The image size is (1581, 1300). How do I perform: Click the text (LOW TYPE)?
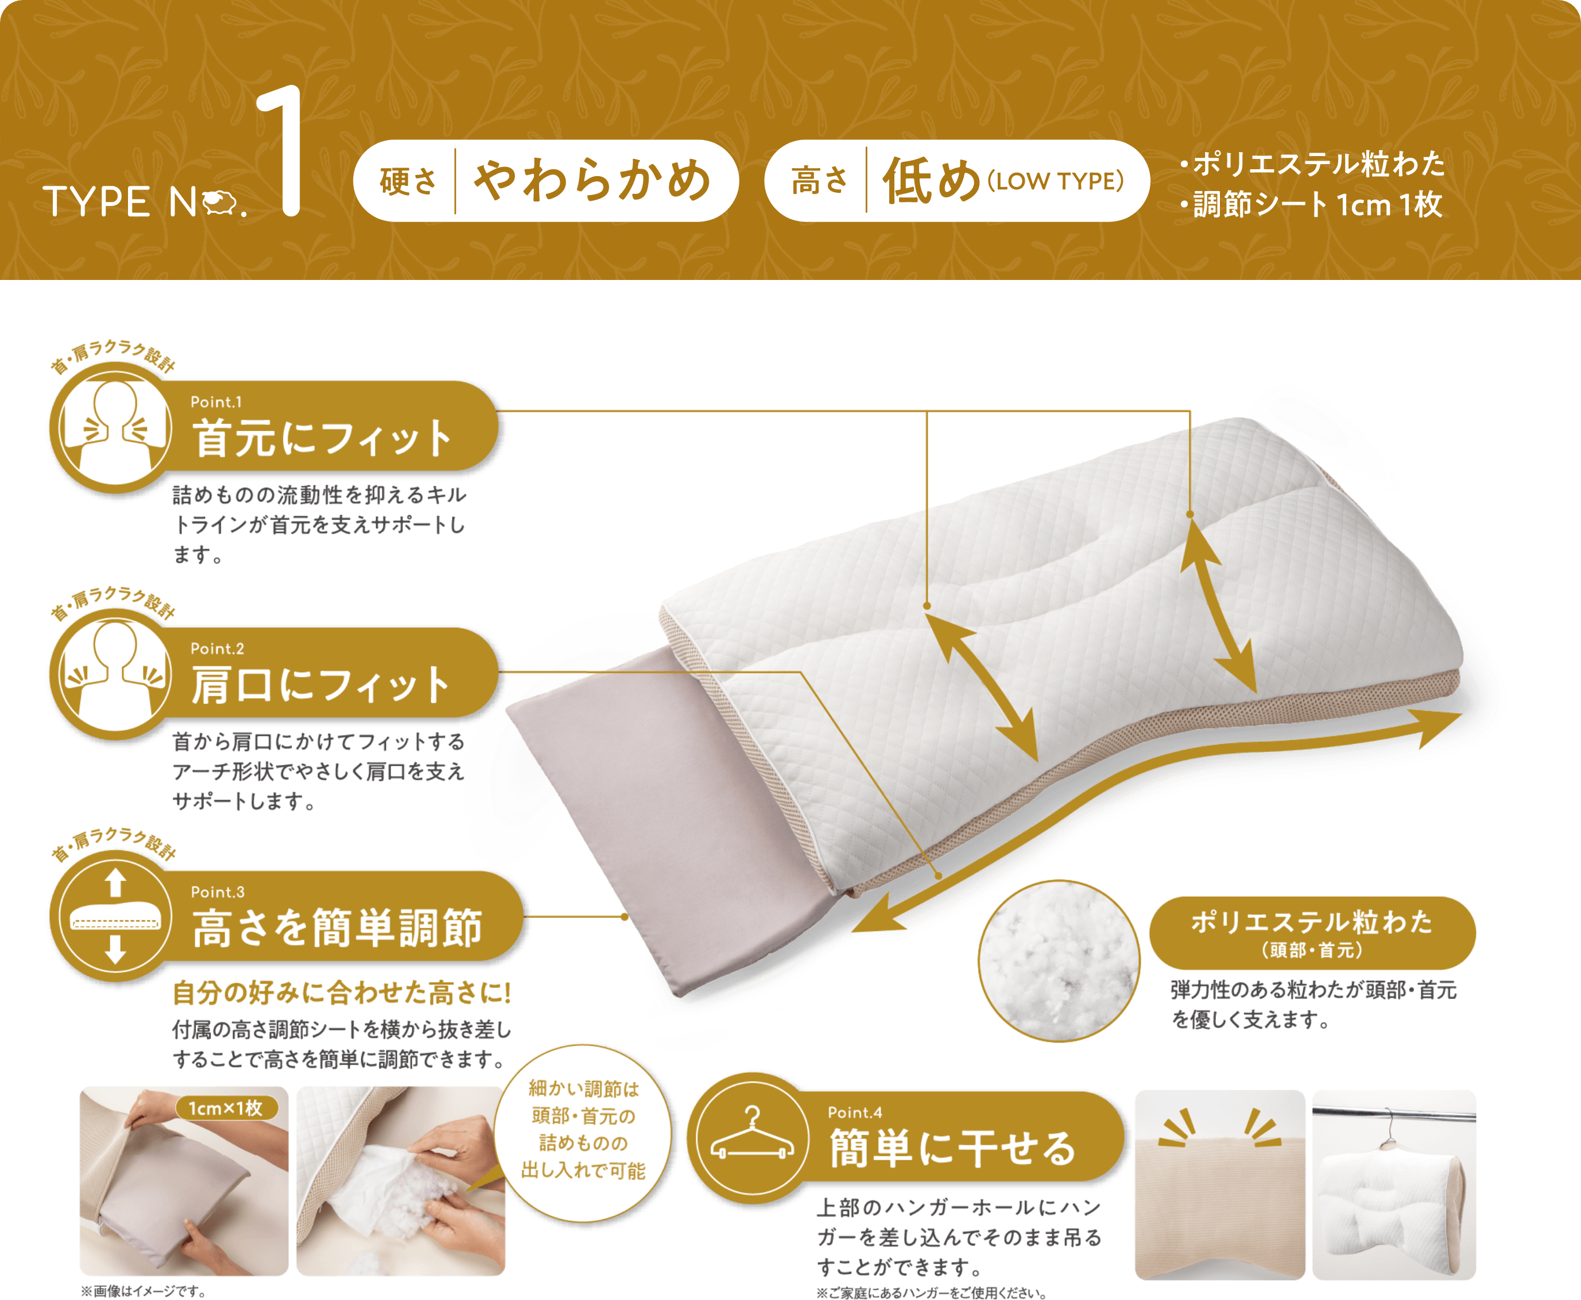[1056, 181]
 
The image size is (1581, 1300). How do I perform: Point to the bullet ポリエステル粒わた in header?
[1313, 164]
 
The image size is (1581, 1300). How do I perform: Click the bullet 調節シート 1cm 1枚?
[1311, 204]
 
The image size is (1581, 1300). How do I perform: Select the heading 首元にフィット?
[322, 438]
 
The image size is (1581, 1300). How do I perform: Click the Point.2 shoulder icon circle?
[115, 674]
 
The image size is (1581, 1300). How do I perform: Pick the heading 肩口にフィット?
[321, 684]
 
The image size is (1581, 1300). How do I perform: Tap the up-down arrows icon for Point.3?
[115, 917]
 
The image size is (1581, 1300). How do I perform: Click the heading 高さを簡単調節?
[337, 928]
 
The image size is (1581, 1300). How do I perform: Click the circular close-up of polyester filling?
[1059, 961]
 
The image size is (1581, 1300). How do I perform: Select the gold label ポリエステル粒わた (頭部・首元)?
[1312, 932]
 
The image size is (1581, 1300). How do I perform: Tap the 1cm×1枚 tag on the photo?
[226, 1108]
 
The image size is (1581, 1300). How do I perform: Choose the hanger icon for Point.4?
[752, 1138]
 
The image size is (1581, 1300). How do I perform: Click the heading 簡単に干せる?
[952, 1149]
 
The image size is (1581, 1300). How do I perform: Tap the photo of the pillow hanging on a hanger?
[1394, 1185]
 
